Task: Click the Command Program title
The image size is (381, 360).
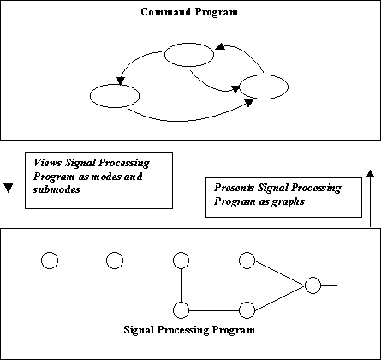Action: [x=189, y=12]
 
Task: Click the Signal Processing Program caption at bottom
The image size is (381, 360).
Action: [x=189, y=330]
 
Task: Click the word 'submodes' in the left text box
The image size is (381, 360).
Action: [x=57, y=189]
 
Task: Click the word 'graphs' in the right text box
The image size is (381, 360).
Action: [x=288, y=201]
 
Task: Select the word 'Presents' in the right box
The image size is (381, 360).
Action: [x=234, y=188]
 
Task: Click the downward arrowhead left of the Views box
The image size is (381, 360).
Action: [x=9, y=188]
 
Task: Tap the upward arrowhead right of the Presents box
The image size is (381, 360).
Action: [x=370, y=174]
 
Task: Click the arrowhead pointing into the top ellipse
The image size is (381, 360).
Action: [x=220, y=46]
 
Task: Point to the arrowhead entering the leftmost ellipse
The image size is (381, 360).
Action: [x=121, y=81]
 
